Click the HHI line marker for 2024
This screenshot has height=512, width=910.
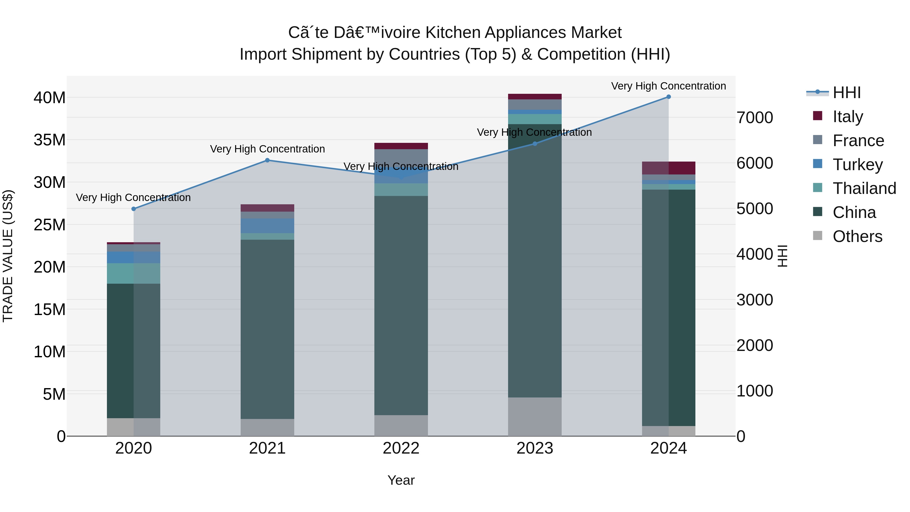point(668,97)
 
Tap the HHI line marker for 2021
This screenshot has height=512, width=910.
point(267,160)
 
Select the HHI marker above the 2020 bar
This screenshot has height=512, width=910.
point(133,209)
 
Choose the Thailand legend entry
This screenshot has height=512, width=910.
point(864,188)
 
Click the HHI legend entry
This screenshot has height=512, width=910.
point(846,93)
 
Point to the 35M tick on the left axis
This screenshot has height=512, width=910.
point(50,140)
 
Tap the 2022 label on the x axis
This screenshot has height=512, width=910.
point(401,448)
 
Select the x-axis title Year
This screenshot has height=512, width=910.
point(401,480)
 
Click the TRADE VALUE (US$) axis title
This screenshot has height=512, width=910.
point(8,256)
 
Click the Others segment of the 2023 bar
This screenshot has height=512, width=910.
point(534,417)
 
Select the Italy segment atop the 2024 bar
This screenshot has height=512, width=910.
point(668,168)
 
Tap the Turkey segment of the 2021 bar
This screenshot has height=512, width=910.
point(267,226)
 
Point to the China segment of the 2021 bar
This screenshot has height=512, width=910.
point(267,329)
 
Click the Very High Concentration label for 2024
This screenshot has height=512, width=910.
point(668,86)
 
